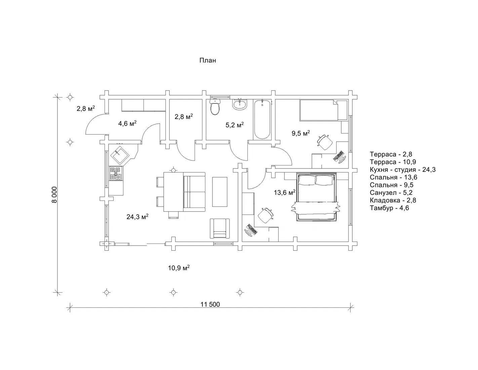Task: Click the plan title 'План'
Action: coord(207,60)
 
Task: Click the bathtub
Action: coord(262,119)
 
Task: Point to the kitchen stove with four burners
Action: coord(116,174)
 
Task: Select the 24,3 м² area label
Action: coord(137,217)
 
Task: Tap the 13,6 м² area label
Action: coord(285,193)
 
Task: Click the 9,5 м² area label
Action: coord(301,133)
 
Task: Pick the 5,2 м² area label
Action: coord(235,125)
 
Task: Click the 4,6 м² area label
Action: coord(127,123)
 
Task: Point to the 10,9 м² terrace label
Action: coord(179,268)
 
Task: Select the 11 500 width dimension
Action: coord(210,304)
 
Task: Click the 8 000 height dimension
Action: coord(54,194)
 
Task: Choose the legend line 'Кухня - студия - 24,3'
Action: coord(403,170)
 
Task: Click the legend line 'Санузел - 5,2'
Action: coord(391,193)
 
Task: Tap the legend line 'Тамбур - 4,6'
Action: coord(389,208)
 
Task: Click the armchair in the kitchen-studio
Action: coord(220,228)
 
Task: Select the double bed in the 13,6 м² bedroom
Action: coord(316,197)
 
